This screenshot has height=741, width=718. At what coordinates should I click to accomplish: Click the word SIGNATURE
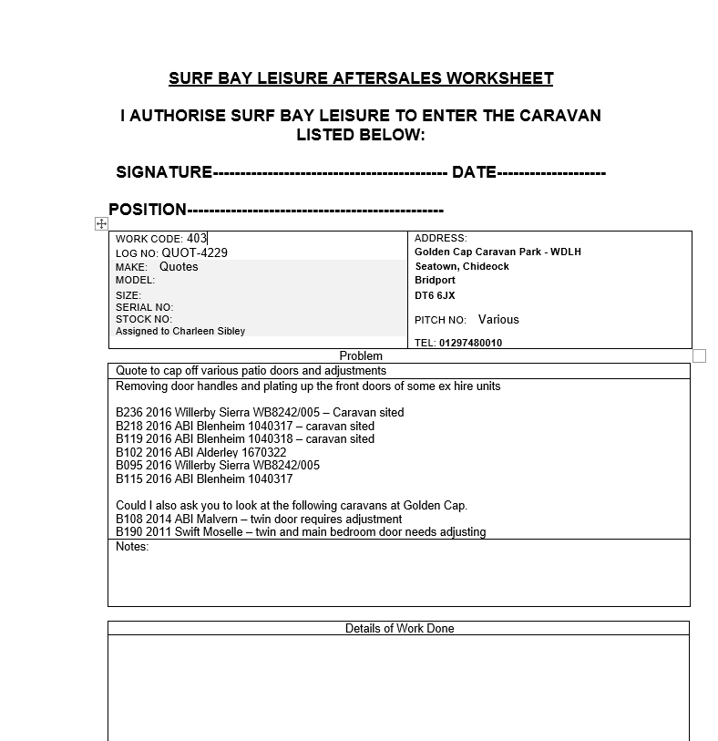click(164, 172)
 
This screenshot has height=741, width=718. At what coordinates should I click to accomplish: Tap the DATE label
click(474, 172)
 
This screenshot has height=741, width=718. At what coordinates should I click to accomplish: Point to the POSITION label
click(148, 210)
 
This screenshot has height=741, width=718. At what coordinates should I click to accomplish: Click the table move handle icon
click(101, 223)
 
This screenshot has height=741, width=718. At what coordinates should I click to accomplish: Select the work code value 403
click(197, 239)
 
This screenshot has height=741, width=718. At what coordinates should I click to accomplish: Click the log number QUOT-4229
click(195, 252)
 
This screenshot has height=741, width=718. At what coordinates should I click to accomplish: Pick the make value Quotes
click(179, 267)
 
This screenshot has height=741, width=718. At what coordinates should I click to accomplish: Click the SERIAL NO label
click(144, 307)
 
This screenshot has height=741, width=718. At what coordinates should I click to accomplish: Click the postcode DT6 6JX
click(435, 295)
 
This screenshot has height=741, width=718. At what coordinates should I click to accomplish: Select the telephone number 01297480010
click(470, 343)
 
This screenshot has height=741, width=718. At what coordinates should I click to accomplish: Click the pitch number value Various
click(498, 320)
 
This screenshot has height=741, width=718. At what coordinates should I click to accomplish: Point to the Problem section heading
click(361, 355)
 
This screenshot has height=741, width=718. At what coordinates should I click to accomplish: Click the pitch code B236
click(128, 413)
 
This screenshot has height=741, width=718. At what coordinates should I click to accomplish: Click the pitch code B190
click(128, 531)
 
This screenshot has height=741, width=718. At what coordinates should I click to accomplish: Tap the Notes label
click(132, 547)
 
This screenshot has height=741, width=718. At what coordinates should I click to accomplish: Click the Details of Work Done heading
click(399, 628)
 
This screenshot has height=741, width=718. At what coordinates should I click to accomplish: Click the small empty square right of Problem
click(699, 355)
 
